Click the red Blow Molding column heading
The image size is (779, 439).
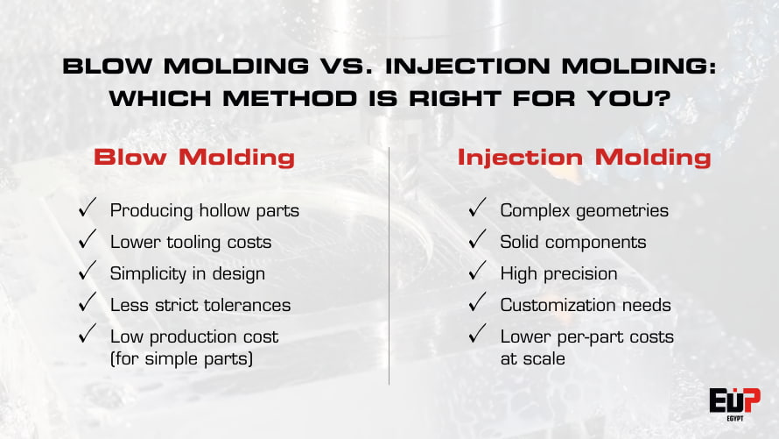click(193, 158)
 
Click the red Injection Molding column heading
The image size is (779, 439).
click(584, 158)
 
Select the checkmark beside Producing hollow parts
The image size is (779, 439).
click(87, 209)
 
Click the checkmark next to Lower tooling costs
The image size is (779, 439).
click(87, 241)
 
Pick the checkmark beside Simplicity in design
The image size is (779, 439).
click(87, 273)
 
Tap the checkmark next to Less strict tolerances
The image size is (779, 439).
click(87, 304)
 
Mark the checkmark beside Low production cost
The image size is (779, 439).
click(87, 336)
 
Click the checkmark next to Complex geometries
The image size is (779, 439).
click(477, 209)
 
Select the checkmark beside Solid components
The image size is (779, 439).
click(477, 241)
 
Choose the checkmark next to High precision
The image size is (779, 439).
click(477, 273)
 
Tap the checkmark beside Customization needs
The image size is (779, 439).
click(477, 304)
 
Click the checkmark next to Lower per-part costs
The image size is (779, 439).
click(477, 336)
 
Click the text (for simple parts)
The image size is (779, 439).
click(181, 358)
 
